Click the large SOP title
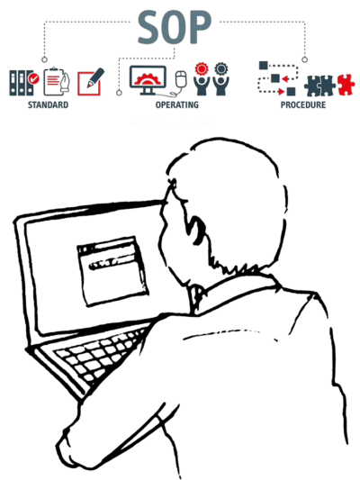(175, 28)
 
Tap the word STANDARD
(48, 105)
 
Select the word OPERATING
(176, 105)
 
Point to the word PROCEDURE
(302, 105)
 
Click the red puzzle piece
(346, 85)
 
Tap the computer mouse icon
(181, 79)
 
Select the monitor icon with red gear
(148, 80)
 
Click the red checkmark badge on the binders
(33, 79)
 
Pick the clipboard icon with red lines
(56, 81)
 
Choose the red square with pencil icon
(90, 82)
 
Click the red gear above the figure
(201, 69)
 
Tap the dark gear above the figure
(220, 69)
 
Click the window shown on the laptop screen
(112, 270)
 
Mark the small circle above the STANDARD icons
(45, 59)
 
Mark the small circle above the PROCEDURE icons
(304, 59)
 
